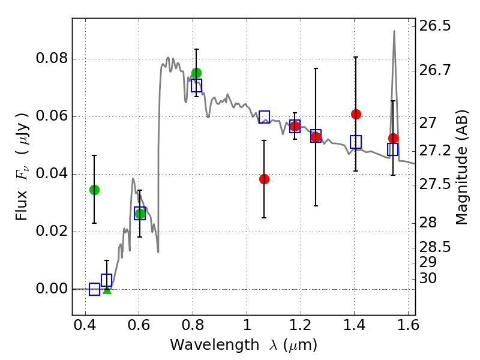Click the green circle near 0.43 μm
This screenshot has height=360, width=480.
94,190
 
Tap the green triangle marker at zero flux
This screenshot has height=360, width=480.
107,289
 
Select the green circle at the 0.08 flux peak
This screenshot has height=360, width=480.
196,73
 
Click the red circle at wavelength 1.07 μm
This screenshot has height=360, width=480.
264,179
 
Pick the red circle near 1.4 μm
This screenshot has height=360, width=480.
356,114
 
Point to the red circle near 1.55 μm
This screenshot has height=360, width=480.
393,138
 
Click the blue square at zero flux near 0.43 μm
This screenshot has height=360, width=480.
94,289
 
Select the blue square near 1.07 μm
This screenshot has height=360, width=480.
264,117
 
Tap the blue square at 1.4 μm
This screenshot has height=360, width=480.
356,142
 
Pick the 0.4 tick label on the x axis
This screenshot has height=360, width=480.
85,328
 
